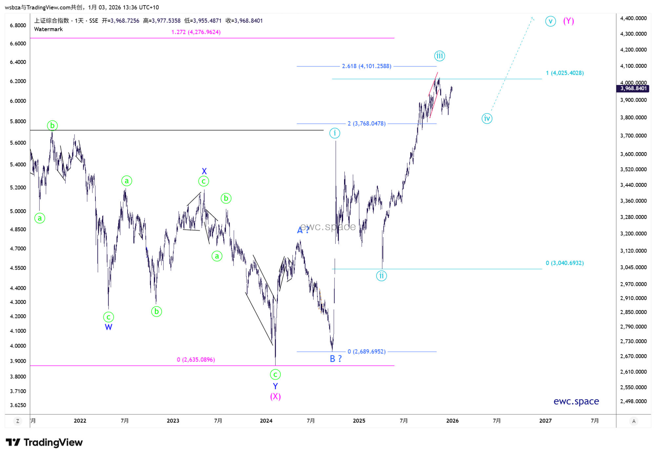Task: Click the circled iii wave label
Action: tap(439, 56)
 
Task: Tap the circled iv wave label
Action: tap(486, 118)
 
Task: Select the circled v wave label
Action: tap(550, 21)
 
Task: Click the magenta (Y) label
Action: tap(568, 21)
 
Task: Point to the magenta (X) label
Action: tap(275, 396)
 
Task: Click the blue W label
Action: tap(108, 327)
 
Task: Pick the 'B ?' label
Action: tap(336, 359)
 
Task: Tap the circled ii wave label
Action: tap(381, 276)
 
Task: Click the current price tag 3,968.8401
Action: tap(633, 88)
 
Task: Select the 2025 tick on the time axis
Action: tap(359, 421)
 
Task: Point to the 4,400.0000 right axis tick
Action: tap(633, 18)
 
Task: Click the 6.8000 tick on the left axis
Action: tap(18, 25)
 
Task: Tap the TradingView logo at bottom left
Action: tap(44, 443)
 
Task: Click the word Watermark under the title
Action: tap(48, 29)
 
